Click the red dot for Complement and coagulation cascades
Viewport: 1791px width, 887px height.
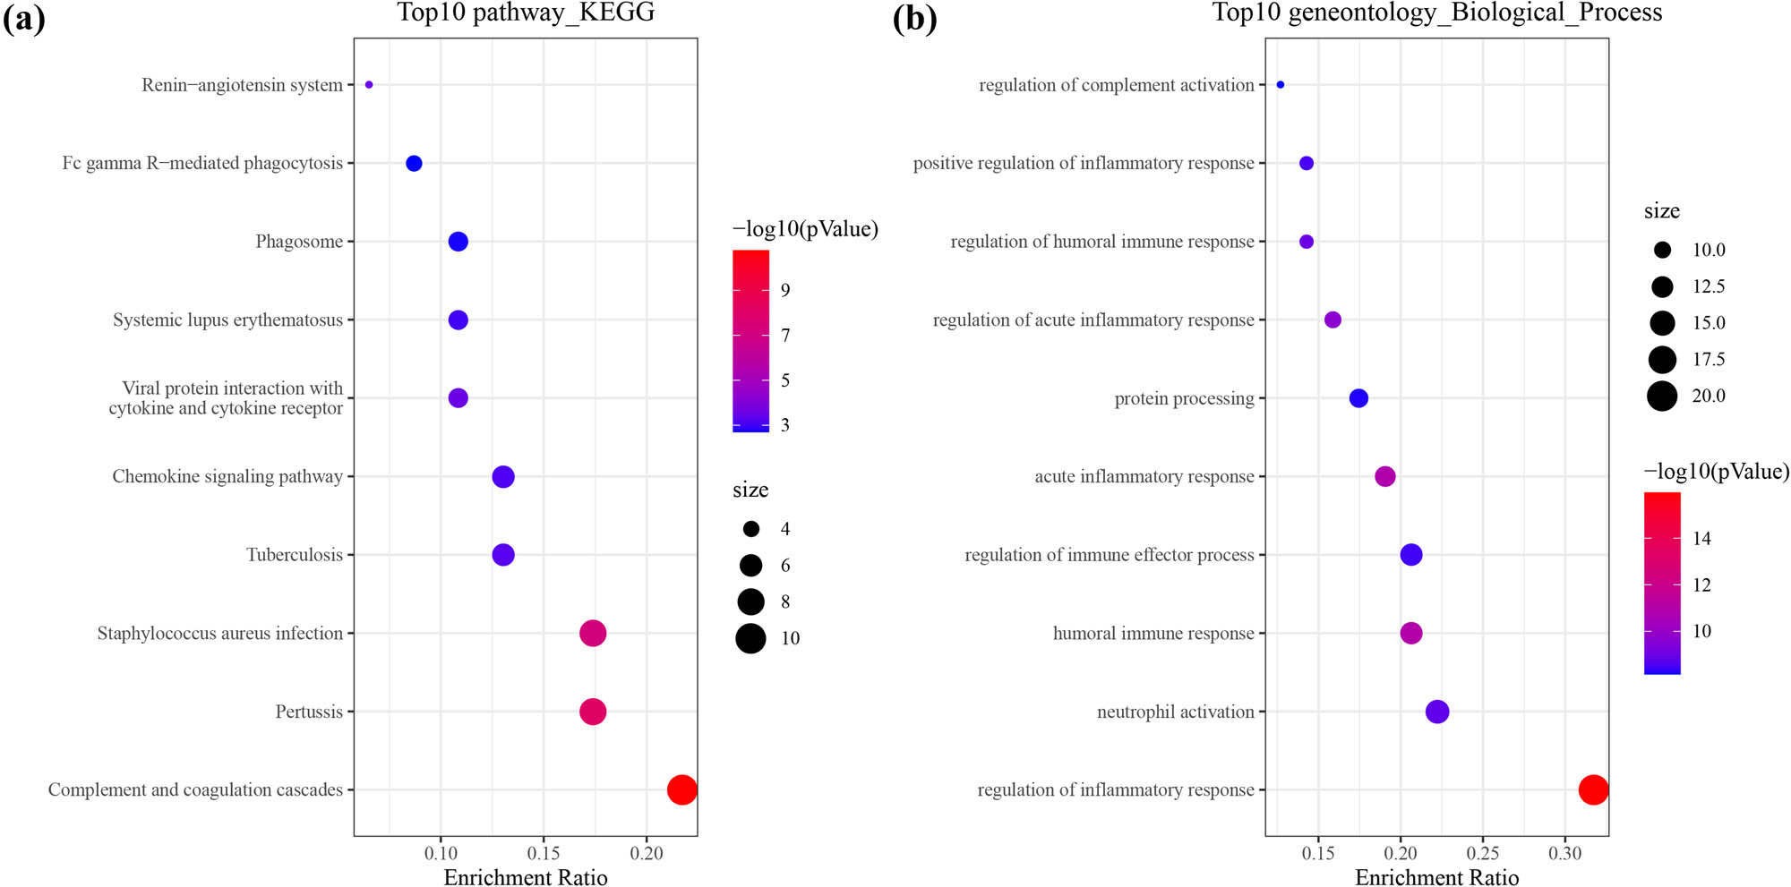click(682, 789)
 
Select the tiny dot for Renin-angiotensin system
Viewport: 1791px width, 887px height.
click(369, 85)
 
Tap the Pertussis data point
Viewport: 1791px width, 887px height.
click(593, 712)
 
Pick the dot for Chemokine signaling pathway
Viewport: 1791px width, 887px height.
click(503, 477)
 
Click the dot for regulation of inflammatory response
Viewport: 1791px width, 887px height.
click(1593, 789)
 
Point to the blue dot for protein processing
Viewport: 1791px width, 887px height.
click(1358, 398)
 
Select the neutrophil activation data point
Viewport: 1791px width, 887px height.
click(1436, 712)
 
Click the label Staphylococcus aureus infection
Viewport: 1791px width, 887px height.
click(220, 634)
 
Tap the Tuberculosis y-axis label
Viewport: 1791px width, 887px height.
click(295, 555)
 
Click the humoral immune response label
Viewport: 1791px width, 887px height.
click(1153, 634)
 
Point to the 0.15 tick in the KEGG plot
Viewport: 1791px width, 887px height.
click(544, 853)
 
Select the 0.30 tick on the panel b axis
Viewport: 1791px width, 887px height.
click(1565, 853)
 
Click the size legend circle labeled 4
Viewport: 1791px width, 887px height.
click(750, 529)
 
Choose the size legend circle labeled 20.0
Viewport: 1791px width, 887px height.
click(1662, 396)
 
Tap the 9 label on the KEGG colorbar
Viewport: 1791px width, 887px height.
click(785, 290)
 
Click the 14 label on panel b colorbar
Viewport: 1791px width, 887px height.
click(1701, 539)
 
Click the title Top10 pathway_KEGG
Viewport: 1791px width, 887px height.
click(526, 13)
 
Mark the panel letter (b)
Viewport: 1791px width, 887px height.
click(914, 18)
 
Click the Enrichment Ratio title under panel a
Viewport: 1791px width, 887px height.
click(526, 877)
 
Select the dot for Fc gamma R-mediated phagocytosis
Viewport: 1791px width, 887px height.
click(414, 163)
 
